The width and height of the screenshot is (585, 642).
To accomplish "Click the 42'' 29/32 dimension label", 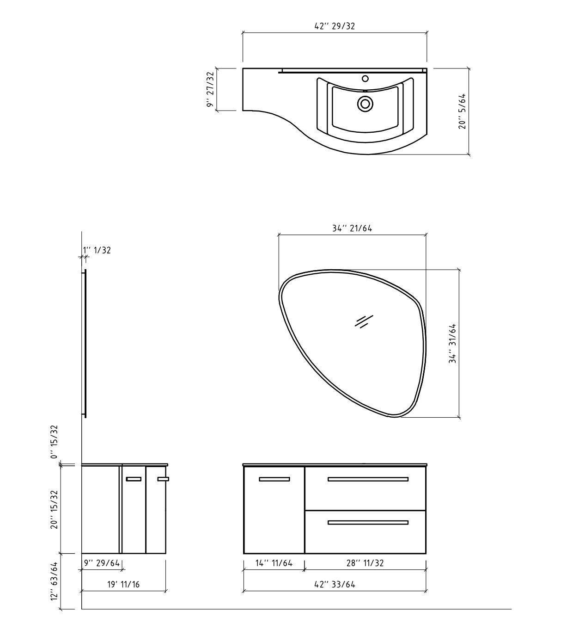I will [335, 26].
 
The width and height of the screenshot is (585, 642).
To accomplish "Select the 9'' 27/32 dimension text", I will [210, 90].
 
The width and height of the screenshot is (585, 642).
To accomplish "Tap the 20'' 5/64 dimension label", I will [462, 111].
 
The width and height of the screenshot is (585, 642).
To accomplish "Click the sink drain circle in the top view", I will [365, 104].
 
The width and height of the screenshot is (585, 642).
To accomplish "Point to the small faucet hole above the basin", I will [365, 79].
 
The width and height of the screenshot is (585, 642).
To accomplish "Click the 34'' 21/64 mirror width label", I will [352, 228].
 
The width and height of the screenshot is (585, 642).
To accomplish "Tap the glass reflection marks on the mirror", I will [364, 321].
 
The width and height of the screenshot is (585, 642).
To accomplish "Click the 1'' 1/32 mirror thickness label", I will [97, 250].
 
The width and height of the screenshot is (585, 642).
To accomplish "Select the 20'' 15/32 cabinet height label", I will [55, 509].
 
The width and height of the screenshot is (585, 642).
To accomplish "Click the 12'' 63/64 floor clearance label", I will [55, 581].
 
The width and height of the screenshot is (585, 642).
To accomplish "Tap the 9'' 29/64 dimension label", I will [102, 563].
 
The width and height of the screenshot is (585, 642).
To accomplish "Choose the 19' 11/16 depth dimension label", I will [123, 584].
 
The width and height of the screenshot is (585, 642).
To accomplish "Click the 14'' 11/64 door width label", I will [274, 563].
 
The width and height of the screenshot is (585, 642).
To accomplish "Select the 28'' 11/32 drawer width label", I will [365, 563].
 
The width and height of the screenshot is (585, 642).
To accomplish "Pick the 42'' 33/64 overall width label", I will [335, 584].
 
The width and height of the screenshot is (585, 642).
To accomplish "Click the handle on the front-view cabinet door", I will [274, 479].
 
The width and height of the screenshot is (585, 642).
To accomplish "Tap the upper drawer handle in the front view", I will [368, 479].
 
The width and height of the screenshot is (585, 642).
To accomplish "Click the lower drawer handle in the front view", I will [368, 523].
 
